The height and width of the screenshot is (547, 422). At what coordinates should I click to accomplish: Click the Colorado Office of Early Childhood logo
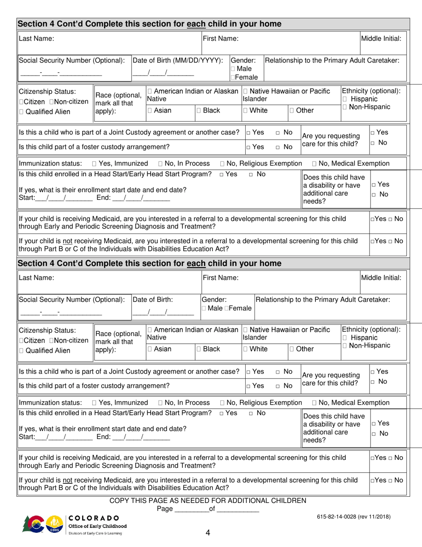pos(73,525)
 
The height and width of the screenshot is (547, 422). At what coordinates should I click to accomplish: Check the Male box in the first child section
pos(233,69)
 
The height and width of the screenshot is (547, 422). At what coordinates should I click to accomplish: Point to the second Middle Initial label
pos(382,278)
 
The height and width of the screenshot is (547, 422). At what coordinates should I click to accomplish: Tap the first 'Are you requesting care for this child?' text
pos(330,140)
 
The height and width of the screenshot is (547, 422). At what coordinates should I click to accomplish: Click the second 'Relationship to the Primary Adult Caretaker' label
pos(323,300)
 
